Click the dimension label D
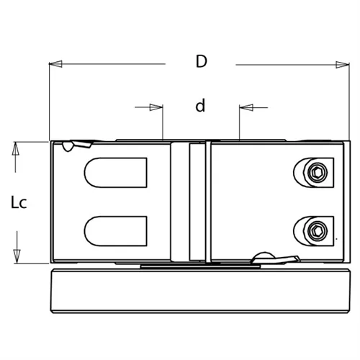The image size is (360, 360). [202, 61]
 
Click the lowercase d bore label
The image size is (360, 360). [200, 105]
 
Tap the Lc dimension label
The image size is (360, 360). [19, 202]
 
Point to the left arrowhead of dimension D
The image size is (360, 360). [55, 64]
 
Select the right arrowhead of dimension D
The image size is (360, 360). [343, 65]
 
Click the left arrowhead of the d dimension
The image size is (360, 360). [156, 107]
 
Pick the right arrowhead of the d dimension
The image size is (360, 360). [246, 107]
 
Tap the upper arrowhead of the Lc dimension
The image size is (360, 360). [16, 148]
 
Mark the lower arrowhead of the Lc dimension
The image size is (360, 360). [17, 256]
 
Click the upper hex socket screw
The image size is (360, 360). [318, 173]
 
